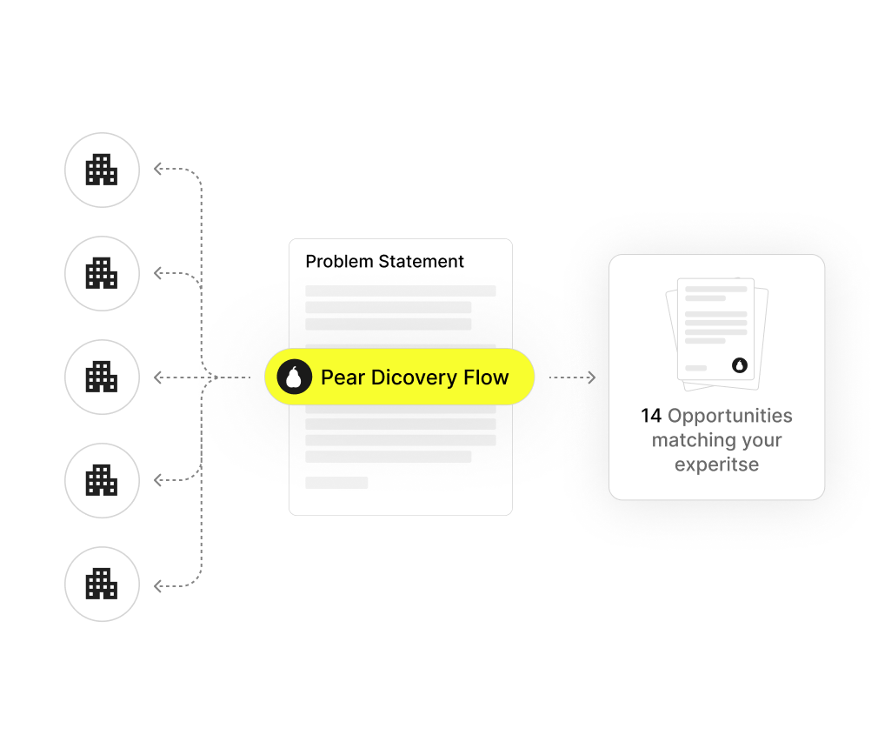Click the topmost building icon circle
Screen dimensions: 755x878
[102, 170]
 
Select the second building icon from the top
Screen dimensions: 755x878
[102, 273]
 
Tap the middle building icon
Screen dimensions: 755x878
[102, 377]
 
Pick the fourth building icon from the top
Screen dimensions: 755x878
[102, 480]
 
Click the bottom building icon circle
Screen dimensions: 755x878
[102, 584]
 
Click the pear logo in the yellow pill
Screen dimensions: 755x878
[294, 377]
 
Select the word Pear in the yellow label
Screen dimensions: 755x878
[343, 377]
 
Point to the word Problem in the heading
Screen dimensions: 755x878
[339, 262]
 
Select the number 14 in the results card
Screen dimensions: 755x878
[651, 416]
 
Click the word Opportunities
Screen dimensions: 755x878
[730, 416]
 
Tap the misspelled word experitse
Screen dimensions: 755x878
[716, 464]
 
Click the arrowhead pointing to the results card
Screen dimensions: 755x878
[592, 377]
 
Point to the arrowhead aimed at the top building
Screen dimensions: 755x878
[158, 170]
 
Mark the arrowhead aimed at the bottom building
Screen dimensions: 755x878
[158, 587]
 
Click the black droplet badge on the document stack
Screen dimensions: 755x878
[740, 365]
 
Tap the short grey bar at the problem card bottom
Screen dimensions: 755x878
[336, 482]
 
